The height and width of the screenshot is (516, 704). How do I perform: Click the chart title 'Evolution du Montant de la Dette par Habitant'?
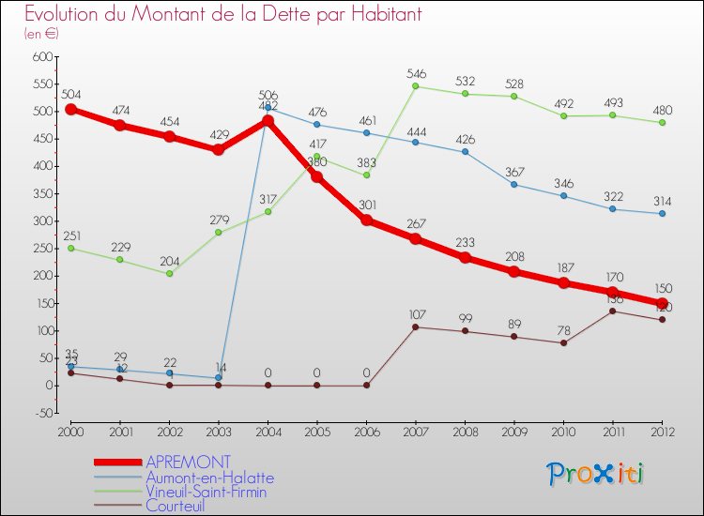point(222,14)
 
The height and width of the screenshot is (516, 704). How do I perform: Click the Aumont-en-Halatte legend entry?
point(209,478)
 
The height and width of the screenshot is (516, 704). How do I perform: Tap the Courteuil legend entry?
point(175,506)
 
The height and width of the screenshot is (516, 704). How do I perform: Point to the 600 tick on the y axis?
point(41,57)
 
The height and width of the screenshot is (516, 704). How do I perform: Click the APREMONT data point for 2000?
point(70,109)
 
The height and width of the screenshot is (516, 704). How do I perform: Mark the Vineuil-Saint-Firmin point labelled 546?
point(416,86)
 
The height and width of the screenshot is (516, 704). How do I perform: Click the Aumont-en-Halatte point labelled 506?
point(268,108)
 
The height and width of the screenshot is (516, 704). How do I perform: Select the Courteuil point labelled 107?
point(416,326)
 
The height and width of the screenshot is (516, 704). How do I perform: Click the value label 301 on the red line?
point(367,205)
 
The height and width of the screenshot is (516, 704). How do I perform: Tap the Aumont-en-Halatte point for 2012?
point(662,213)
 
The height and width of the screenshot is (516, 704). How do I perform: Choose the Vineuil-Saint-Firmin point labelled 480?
point(662,122)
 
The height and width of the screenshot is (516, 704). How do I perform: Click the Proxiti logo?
point(597,474)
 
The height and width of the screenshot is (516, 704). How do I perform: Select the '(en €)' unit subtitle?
point(41,34)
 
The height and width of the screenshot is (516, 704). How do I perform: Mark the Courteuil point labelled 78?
point(563,342)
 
